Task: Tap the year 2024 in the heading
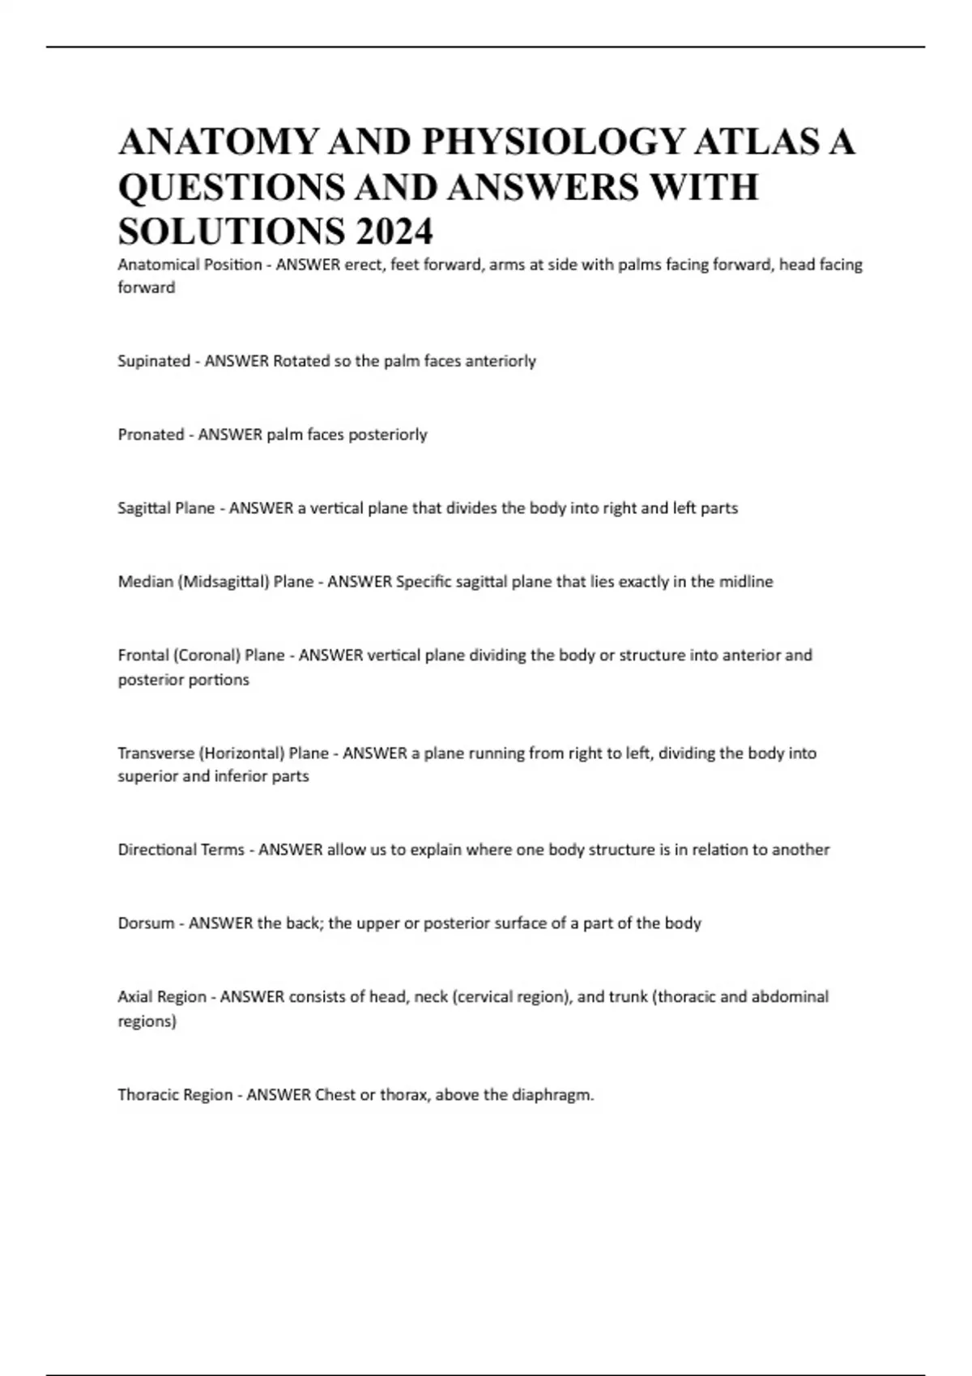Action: [x=394, y=231]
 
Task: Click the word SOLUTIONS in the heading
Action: [x=229, y=231]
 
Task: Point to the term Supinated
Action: [x=154, y=361]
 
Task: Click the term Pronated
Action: [x=151, y=435]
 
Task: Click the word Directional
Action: [x=158, y=850]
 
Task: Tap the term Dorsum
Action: [x=146, y=924]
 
